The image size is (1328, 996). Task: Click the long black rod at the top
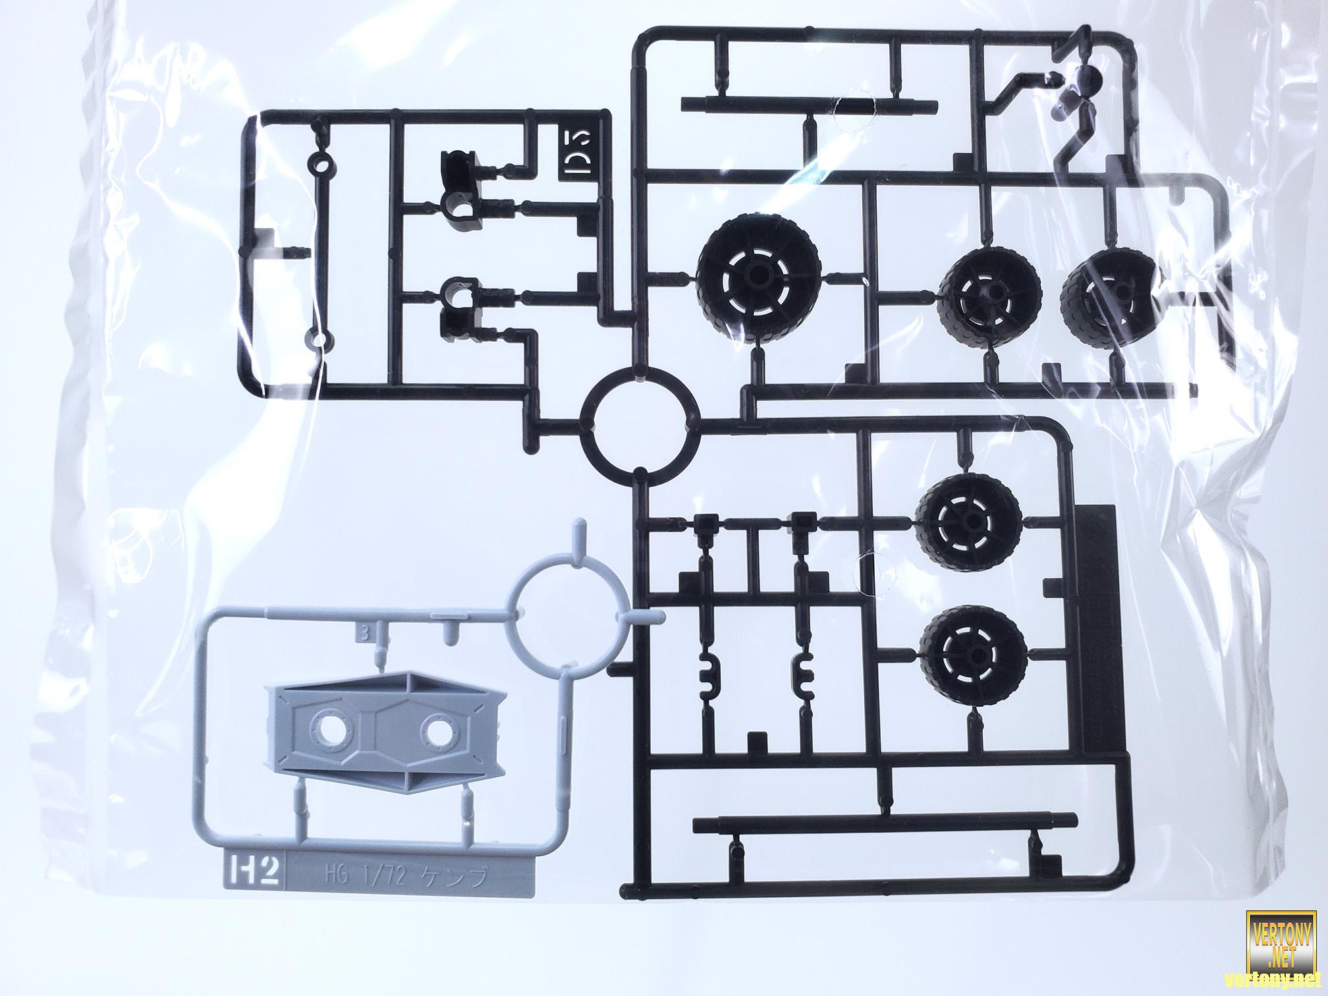pyautogui.click(x=810, y=103)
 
